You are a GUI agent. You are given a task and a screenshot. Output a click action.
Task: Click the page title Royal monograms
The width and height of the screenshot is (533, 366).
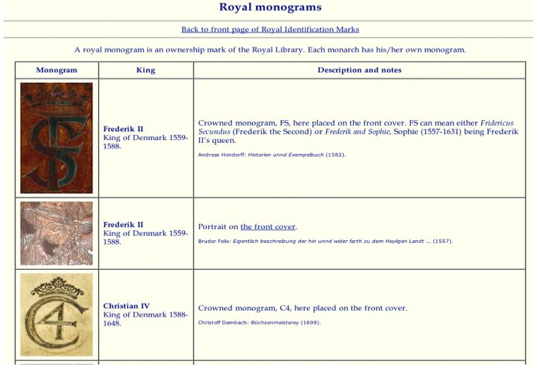[x=270, y=8]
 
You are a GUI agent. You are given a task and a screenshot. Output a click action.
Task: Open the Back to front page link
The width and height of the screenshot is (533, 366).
[x=270, y=30]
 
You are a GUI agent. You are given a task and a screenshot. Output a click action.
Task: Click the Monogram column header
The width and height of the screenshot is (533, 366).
[x=56, y=71]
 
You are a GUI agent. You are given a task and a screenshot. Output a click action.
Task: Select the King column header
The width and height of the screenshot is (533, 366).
[x=145, y=71]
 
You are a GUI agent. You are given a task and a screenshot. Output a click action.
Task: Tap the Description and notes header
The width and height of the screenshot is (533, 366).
[x=359, y=71]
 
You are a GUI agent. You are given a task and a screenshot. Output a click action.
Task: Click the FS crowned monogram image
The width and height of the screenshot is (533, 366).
[x=56, y=138]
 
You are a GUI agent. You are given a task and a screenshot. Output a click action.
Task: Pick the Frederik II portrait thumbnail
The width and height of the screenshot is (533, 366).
[x=56, y=233]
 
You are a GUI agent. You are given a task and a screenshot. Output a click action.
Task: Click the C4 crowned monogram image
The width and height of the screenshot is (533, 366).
[x=56, y=314]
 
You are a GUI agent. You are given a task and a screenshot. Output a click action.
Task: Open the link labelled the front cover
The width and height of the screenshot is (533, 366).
[x=268, y=227]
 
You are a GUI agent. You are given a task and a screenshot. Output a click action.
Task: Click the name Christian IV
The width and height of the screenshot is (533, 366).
[x=126, y=307]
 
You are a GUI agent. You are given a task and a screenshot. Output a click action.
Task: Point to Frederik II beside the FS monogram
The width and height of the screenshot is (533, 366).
[x=123, y=129]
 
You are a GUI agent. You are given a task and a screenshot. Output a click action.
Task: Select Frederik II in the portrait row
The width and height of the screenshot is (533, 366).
[x=123, y=225]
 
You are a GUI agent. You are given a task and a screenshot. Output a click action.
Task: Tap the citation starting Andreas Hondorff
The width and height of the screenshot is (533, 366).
[x=272, y=155]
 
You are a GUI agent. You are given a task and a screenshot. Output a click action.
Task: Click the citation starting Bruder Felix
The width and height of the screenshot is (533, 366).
[x=325, y=242]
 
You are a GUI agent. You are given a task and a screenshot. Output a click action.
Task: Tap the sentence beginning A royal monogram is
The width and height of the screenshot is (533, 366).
[x=270, y=50]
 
